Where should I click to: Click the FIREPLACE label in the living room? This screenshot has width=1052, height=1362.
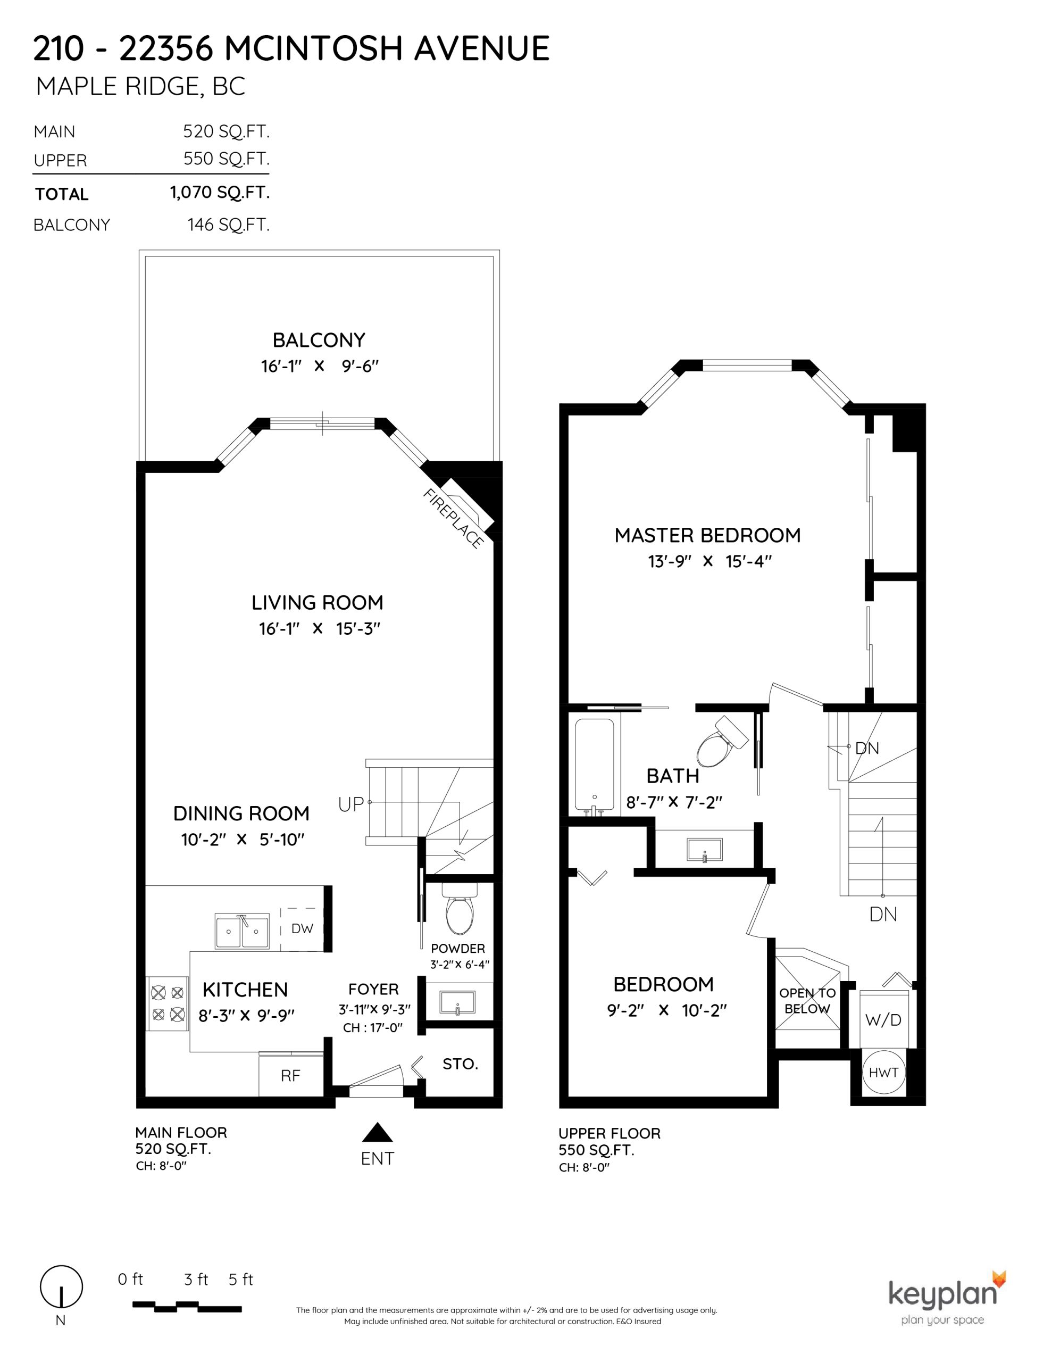coord(453,518)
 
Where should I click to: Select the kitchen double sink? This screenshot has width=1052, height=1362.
coord(242,932)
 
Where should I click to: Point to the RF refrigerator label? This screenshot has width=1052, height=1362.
coord(290,1075)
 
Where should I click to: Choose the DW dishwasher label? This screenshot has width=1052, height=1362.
coord(303,928)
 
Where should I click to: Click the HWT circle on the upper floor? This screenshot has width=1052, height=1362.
coord(883,1073)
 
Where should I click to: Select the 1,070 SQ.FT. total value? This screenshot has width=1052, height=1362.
coord(220,192)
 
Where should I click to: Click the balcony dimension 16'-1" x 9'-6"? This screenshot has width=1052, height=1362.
coord(319,366)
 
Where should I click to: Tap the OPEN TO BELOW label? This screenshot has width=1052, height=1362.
coord(807,1001)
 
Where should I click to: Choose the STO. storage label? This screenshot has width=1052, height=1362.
coord(460,1064)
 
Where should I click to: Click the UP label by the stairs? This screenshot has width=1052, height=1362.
coord(350,804)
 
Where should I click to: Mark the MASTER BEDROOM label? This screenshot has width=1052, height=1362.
coord(707,535)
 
